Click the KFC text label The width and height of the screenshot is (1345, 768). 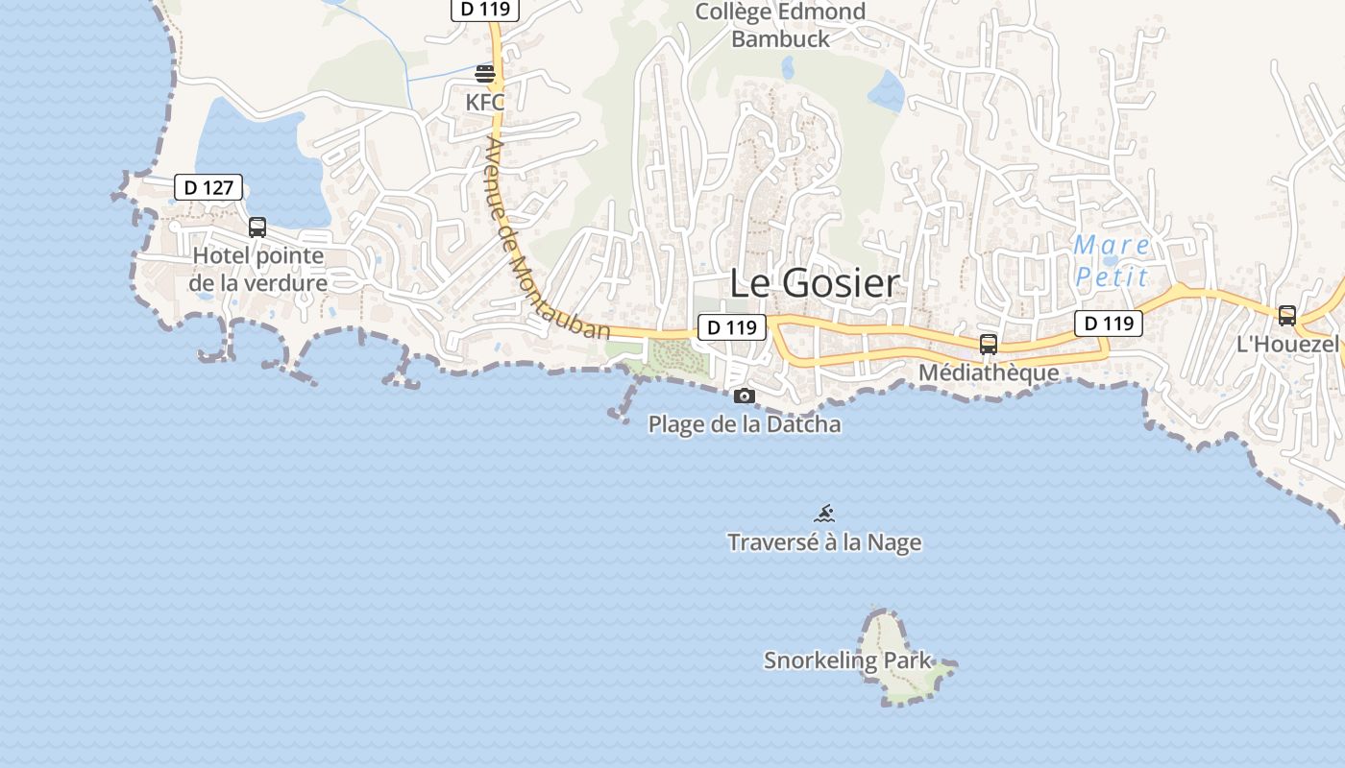pyautogui.click(x=485, y=102)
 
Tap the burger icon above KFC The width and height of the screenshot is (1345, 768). pyautogui.click(x=485, y=74)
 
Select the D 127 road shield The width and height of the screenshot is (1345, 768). pyautogui.click(x=208, y=187)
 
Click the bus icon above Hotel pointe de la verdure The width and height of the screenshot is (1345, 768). pyautogui.click(x=257, y=228)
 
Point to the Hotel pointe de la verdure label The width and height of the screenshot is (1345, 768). pyautogui.click(x=258, y=270)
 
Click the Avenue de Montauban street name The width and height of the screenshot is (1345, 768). pyautogui.click(x=548, y=239)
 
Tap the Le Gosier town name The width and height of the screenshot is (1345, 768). pyautogui.click(x=815, y=283)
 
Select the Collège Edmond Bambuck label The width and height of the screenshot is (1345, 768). pyautogui.click(x=780, y=26)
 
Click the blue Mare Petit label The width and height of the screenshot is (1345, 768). pyautogui.click(x=1112, y=261)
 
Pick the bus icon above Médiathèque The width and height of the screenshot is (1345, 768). pyautogui.click(x=988, y=345)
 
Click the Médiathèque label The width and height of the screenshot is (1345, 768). pyautogui.click(x=989, y=372)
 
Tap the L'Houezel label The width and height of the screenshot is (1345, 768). pyautogui.click(x=1286, y=345)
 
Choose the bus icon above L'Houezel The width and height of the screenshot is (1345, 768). pyautogui.click(x=1286, y=316)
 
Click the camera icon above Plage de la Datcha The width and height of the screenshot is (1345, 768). pyautogui.click(x=744, y=396)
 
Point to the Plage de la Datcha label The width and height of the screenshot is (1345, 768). pyautogui.click(x=745, y=424)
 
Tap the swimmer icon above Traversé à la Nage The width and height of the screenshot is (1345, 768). pyautogui.click(x=824, y=514)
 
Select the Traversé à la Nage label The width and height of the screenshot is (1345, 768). pyautogui.click(x=824, y=542)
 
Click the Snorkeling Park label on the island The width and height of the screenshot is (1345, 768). pyautogui.click(x=847, y=660)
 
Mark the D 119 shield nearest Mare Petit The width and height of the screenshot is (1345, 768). pyautogui.click(x=1109, y=324)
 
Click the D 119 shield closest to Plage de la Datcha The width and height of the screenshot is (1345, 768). pyautogui.click(x=731, y=327)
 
